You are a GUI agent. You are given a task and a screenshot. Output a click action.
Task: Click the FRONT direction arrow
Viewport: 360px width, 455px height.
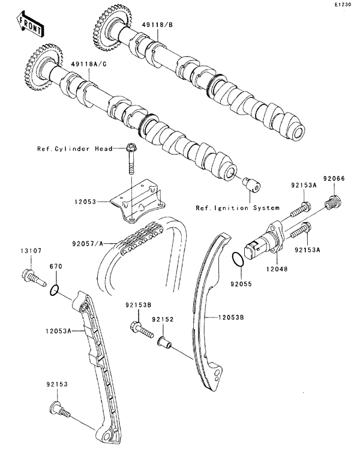point(28,23)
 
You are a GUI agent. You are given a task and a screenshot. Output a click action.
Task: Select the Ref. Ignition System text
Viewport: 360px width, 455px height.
point(237,208)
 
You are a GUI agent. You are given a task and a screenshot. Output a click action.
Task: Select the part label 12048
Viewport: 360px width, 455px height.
point(277,271)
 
